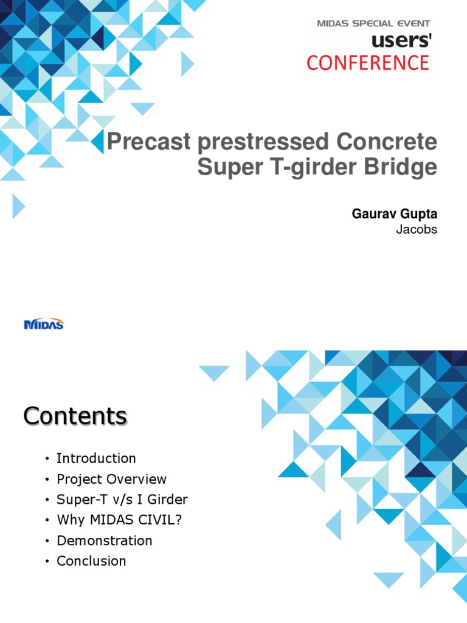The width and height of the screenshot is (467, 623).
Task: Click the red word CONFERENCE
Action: click(368, 63)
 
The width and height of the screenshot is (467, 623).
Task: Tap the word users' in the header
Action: click(402, 41)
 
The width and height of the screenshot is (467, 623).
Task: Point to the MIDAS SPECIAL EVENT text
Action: click(373, 24)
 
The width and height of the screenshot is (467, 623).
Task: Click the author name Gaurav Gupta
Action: click(394, 214)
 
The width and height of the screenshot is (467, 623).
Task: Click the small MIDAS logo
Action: click(44, 324)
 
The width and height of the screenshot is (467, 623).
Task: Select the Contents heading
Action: click(75, 417)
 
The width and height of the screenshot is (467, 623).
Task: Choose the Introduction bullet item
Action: click(96, 458)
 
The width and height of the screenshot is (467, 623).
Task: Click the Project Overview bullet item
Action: click(111, 479)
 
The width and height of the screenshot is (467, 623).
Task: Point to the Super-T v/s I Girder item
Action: click(122, 499)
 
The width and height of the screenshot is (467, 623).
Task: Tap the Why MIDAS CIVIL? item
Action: click(113, 520)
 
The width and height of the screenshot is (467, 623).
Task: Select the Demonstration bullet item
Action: click(104, 540)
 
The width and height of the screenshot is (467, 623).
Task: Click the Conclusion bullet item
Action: click(91, 561)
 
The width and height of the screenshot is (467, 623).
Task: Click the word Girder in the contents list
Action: click(168, 499)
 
